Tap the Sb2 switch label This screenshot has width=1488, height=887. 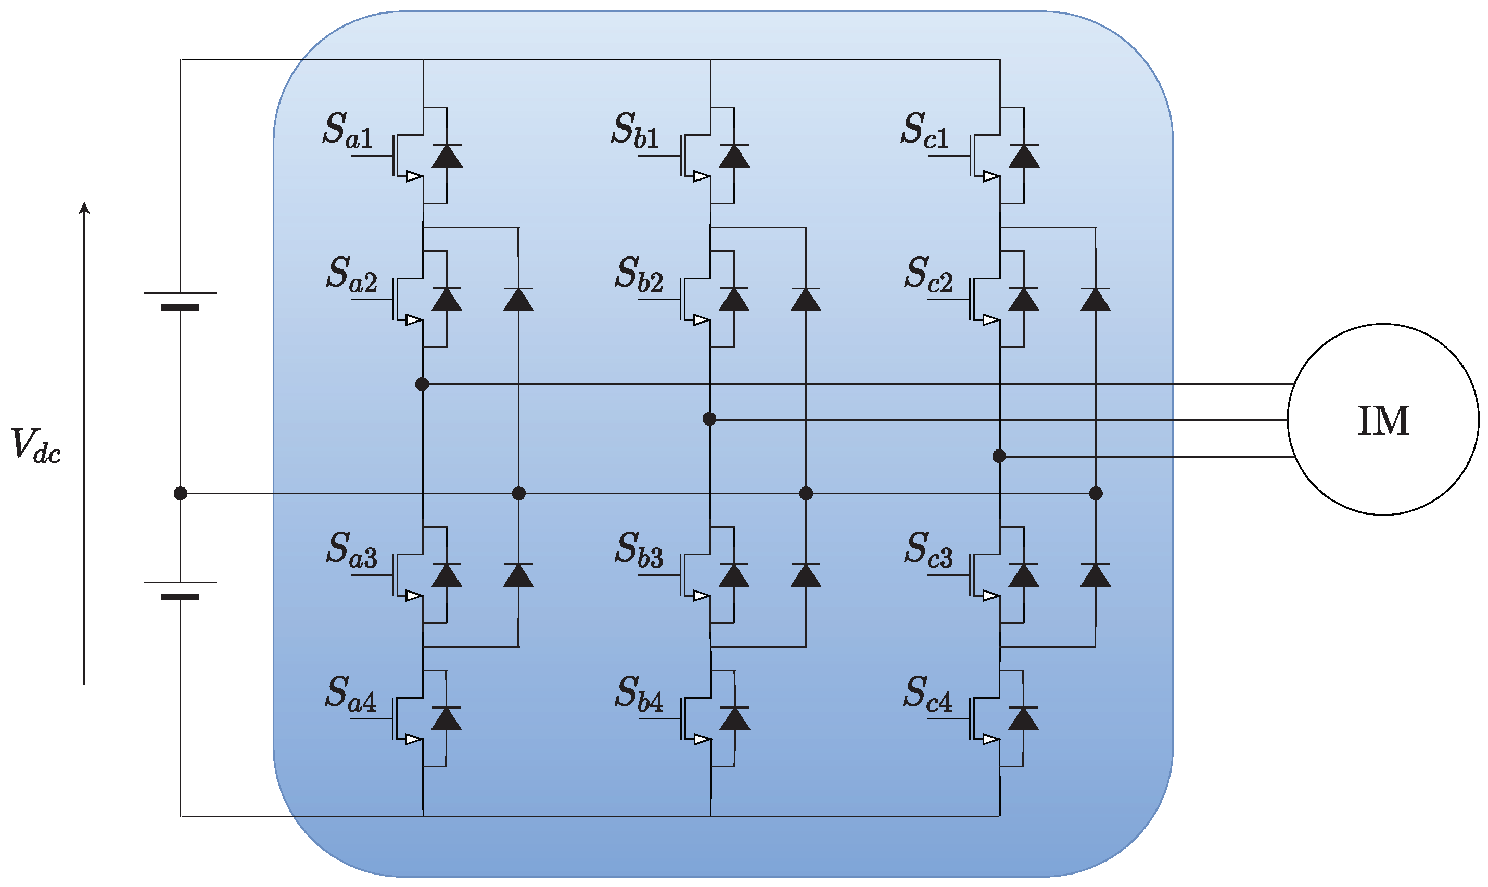639,274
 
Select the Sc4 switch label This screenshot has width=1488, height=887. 927,694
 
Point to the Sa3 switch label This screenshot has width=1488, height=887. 351,549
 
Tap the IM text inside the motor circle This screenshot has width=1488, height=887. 1383,421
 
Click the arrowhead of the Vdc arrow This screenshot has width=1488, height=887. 84,208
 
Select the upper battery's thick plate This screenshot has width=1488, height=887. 180,308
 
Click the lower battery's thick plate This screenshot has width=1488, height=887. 180,597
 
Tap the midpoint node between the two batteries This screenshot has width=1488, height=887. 180,493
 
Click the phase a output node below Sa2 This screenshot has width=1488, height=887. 422,384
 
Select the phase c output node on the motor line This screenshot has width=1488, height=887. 999,457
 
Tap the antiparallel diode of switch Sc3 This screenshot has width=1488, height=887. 1023,575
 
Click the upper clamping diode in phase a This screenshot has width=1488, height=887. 518,300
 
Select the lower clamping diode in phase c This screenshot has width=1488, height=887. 1095,575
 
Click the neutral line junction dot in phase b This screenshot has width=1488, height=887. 806,493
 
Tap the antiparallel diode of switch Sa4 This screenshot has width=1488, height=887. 446,718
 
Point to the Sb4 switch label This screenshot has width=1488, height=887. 639,694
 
